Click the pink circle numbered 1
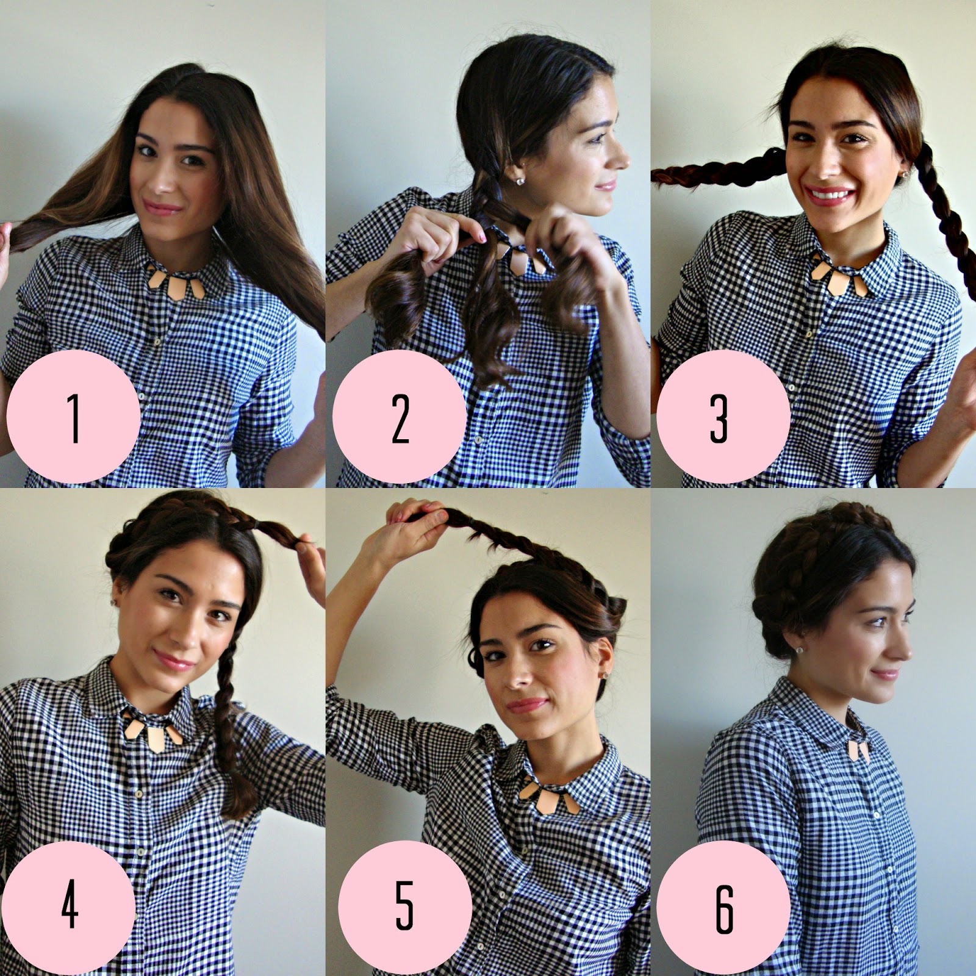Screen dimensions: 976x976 (x=73, y=417)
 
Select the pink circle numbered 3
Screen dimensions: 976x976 (x=718, y=417)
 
